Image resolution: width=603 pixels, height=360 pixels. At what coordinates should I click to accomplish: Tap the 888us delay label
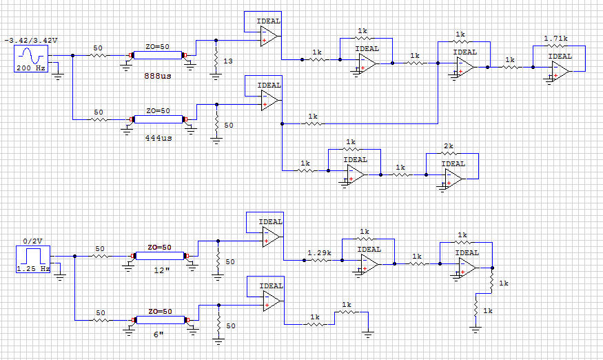[158, 76]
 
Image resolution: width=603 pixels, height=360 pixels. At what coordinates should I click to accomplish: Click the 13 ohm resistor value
[228, 62]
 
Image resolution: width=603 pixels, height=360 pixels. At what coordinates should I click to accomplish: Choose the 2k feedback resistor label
[449, 146]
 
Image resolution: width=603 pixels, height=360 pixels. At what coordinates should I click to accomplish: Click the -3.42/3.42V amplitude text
[31, 42]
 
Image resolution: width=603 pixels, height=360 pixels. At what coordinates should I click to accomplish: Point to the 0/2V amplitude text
[32, 241]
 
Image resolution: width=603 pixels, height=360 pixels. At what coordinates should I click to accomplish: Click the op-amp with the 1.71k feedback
[560, 68]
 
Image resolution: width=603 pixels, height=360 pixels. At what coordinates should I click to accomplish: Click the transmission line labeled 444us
[158, 119]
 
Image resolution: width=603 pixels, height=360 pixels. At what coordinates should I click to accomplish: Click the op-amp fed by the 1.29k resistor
[369, 261]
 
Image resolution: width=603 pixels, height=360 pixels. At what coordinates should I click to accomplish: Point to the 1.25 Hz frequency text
[33, 268]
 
